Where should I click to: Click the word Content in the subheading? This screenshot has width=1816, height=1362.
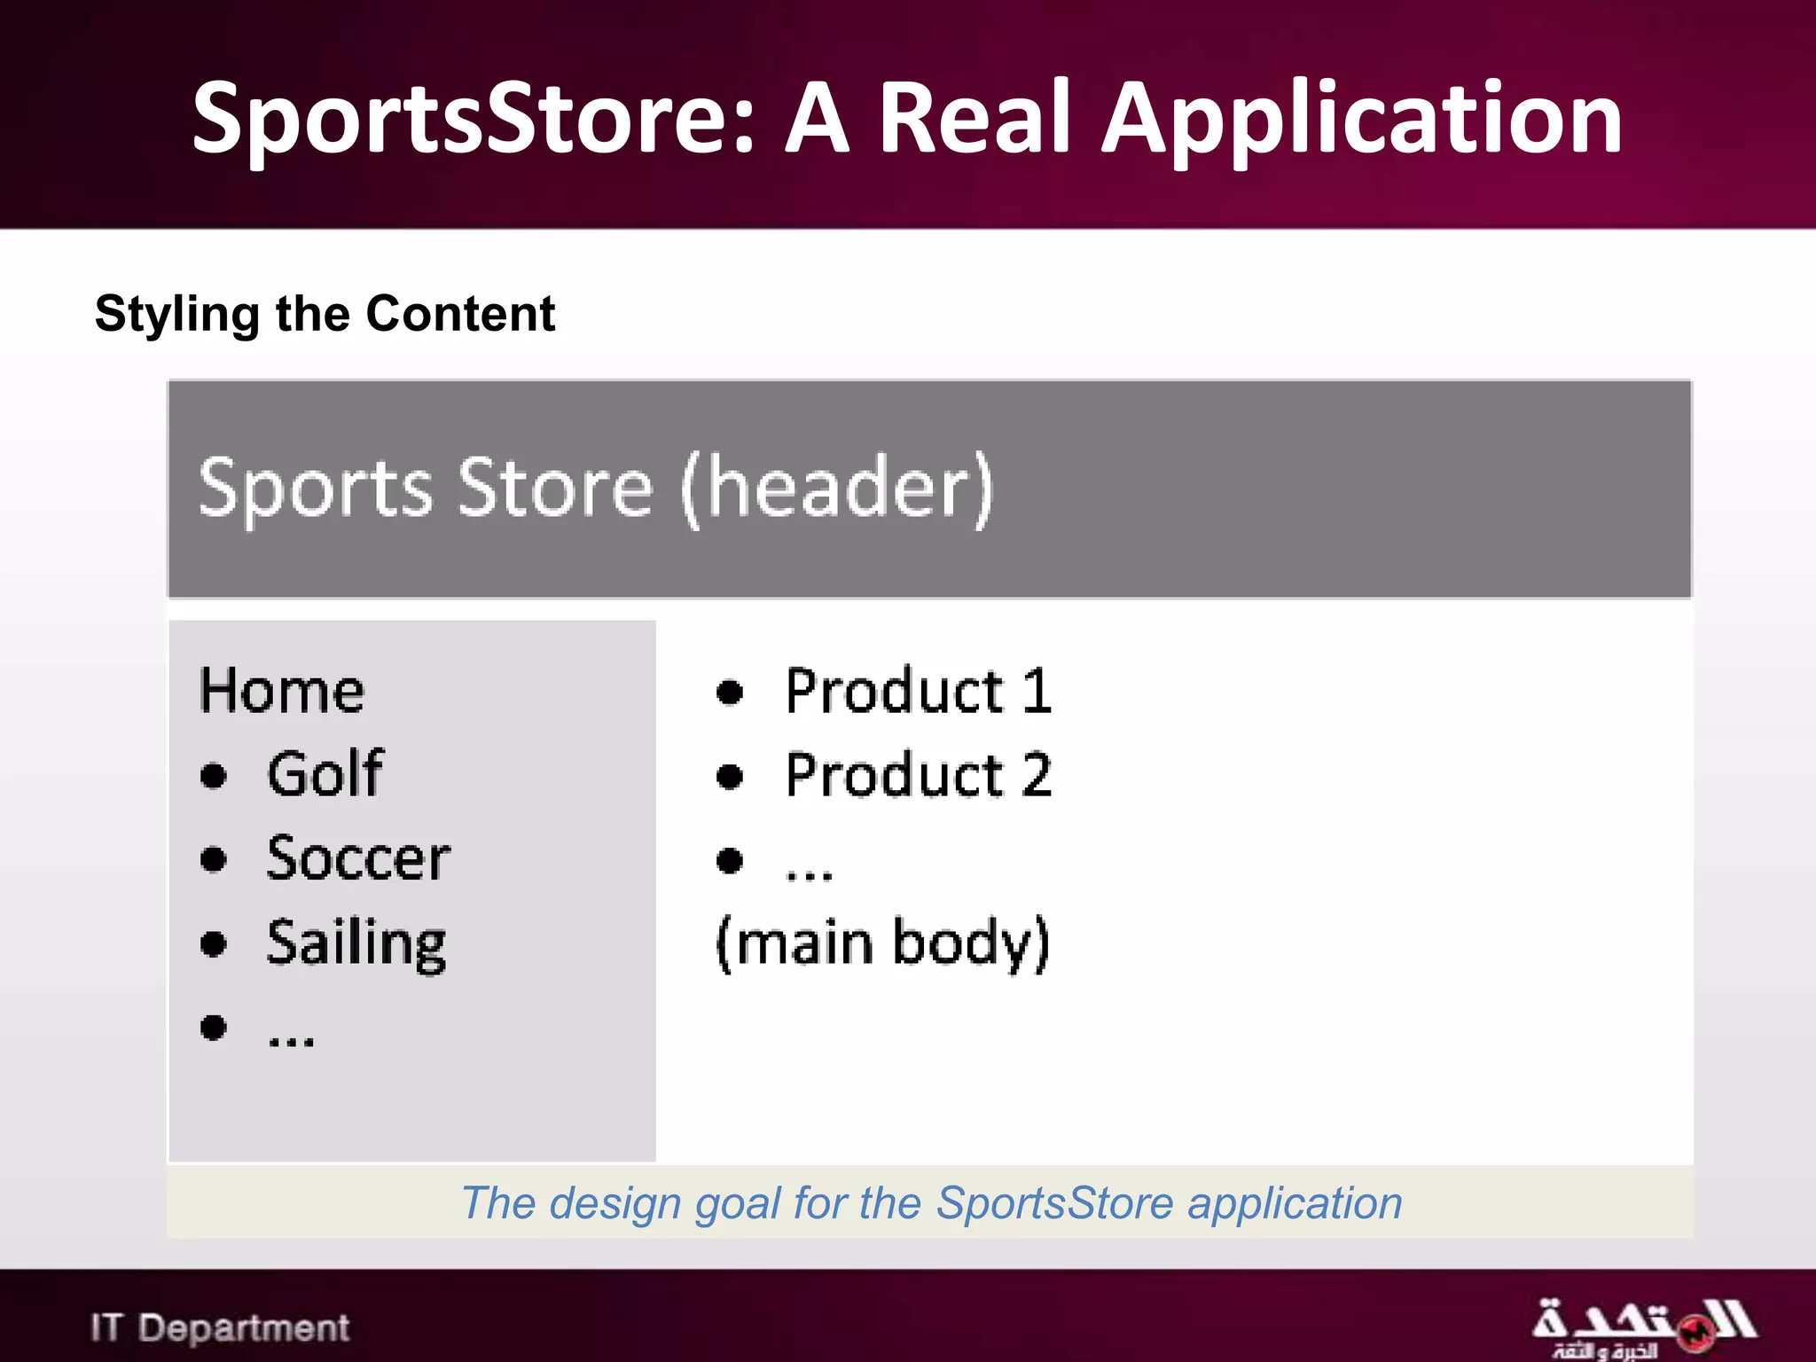coord(460,314)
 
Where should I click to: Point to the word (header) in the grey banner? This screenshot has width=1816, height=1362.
coord(836,489)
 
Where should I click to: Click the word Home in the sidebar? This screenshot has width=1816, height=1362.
coord(282,691)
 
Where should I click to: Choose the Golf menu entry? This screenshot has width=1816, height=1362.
coord(325,774)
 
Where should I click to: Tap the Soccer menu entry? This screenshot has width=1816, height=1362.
coord(358,858)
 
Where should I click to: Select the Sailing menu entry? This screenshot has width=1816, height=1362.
coord(356,943)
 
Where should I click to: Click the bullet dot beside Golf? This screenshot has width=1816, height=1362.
coord(214,776)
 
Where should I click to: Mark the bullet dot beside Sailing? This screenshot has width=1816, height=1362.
coord(214,943)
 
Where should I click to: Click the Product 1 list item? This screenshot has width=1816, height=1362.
coord(919,691)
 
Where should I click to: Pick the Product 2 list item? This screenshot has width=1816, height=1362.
coord(919,775)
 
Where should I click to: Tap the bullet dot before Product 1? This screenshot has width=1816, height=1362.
coord(730,693)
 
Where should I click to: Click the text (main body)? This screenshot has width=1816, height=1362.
coord(883,943)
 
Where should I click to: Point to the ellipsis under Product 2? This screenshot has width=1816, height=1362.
coord(809,873)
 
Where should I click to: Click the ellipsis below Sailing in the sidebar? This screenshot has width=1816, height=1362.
coord(291,1039)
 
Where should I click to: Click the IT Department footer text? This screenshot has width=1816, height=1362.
coord(220,1327)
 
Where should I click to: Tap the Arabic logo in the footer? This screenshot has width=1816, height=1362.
coord(1643,1327)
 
